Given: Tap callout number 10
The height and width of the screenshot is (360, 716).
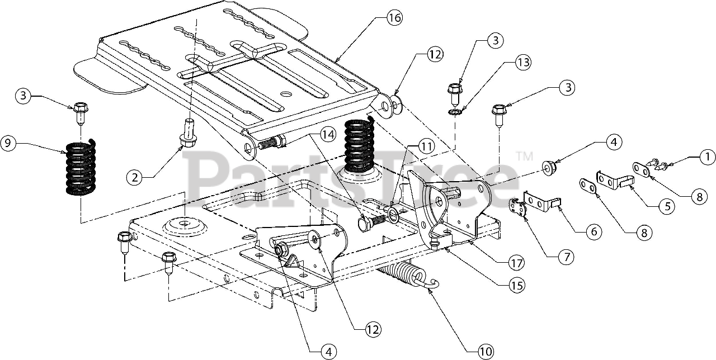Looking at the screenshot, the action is coord(485,352).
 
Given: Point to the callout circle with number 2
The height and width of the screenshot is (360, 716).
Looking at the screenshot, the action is coord(135,177).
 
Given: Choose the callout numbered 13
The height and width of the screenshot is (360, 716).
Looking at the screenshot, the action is coord(523,62).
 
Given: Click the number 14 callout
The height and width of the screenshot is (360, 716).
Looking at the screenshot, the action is coord(328,135).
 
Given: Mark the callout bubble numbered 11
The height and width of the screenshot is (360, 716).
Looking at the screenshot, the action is coord(426,147).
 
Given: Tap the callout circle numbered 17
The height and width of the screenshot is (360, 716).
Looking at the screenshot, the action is coord(516,263).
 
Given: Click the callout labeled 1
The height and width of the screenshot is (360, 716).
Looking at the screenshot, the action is coord(707,157).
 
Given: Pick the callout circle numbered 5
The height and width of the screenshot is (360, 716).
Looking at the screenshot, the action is coord(667,206).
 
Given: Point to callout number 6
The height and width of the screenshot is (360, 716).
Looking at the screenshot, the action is coord(594,231).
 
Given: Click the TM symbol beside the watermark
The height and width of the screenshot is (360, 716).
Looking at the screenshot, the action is coord(525,156).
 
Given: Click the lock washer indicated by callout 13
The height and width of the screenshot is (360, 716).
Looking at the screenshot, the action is coord(454,112).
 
